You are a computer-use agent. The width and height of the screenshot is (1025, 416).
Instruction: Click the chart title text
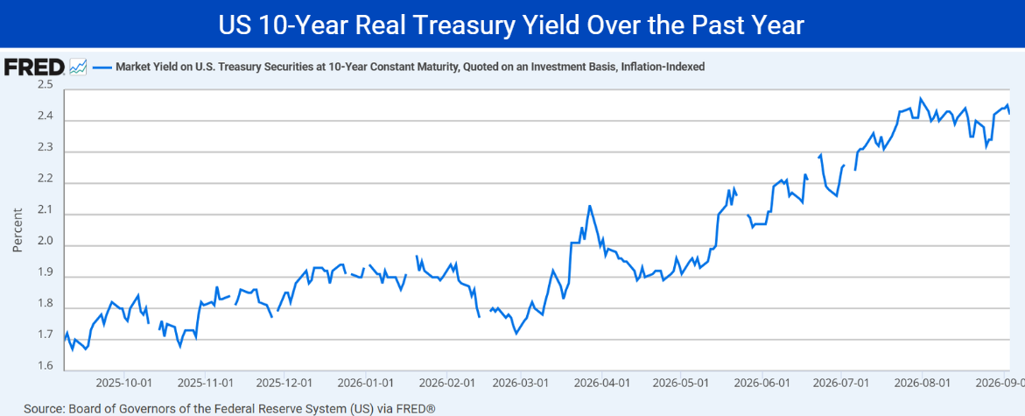click(x=512, y=25)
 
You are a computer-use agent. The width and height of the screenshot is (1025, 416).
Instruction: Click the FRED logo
click(x=34, y=67)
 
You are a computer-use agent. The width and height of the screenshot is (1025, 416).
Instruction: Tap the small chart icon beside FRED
click(x=79, y=67)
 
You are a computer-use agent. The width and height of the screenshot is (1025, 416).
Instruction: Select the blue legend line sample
click(x=102, y=67)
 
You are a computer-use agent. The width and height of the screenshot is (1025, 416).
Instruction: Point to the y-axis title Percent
click(x=18, y=230)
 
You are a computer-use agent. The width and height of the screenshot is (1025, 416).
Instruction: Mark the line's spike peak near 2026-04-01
click(x=590, y=206)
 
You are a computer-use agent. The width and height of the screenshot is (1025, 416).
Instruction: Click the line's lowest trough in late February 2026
click(x=516, y=334)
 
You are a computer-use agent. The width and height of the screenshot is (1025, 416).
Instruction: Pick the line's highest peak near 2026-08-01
click(x=921, y=98)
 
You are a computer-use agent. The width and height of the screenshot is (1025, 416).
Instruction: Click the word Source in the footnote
click(x=43, y=409)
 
